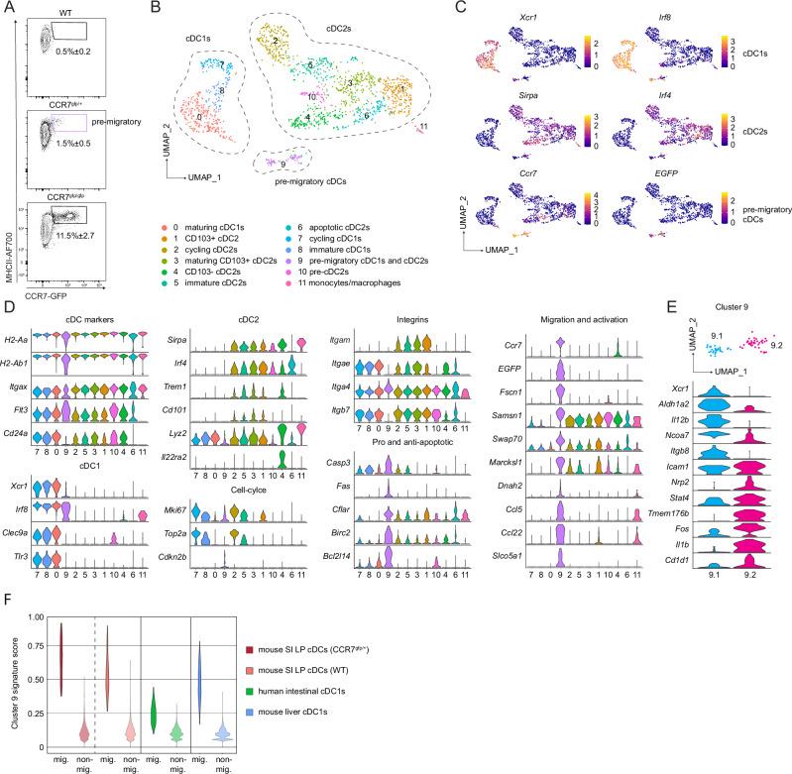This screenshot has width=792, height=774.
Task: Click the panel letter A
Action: tap(9, 9)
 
